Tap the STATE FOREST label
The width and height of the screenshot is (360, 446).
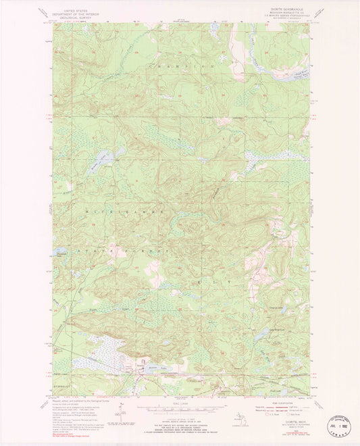[x=132, y=250]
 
